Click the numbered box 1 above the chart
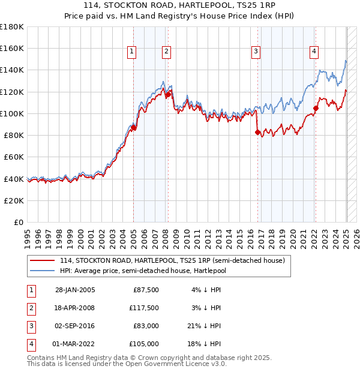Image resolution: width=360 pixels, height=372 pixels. [x=131, y=52]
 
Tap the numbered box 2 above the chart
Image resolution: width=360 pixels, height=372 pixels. [x=166, y=52]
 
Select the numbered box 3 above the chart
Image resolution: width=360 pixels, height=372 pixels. [x=256, y=52]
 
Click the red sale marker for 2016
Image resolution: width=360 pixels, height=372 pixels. [x=258, y=132]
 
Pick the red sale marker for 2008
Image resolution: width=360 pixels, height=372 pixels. [x=168, y=94]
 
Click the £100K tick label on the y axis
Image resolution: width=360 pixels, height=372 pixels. [x=12, y=113]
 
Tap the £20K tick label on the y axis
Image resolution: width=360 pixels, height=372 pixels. [x=14, y=200]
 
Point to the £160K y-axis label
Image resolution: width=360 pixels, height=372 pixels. [x=12, y=48]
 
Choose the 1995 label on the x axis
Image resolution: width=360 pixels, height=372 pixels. [x=28, y=235]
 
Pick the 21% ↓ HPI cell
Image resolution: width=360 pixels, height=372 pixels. [x=205, y=326]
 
